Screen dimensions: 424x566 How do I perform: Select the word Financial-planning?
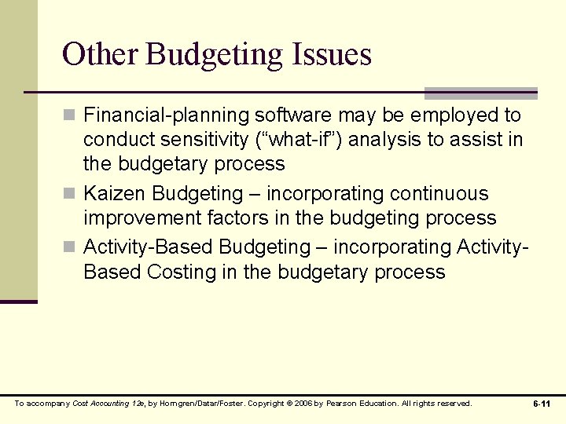tap(166, 115)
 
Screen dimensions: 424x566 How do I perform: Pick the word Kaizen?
tap(115, 194)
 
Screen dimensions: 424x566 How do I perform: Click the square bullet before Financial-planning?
tap(69, 116)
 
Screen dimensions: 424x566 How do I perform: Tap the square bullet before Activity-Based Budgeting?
tap(69, 248)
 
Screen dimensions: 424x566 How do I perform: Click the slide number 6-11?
tap(541, 404)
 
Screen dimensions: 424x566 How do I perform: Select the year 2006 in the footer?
tap(304, 404)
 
